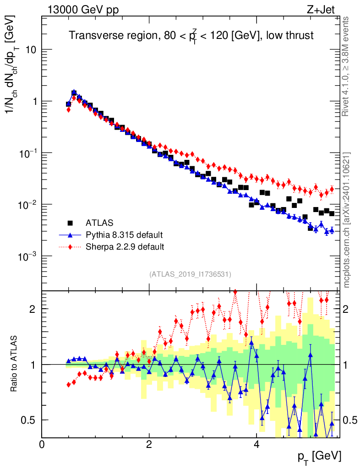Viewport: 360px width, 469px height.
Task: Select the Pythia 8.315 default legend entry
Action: (x=124, y=235)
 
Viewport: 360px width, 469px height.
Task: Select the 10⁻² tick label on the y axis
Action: (x=27, y=204)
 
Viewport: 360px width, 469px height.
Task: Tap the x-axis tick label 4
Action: (x=256, y=444)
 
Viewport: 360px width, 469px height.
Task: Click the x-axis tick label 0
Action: (x=42, y=444)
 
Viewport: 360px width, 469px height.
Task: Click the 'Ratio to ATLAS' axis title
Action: (x=15, y=364)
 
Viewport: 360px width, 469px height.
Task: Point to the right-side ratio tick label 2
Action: (x=350, y=309)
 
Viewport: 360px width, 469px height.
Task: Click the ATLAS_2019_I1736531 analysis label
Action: (x=190, y=274)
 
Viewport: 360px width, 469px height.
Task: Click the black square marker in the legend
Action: (x=70, y=223)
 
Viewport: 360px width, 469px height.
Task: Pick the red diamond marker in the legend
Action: (x=70, y=247)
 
